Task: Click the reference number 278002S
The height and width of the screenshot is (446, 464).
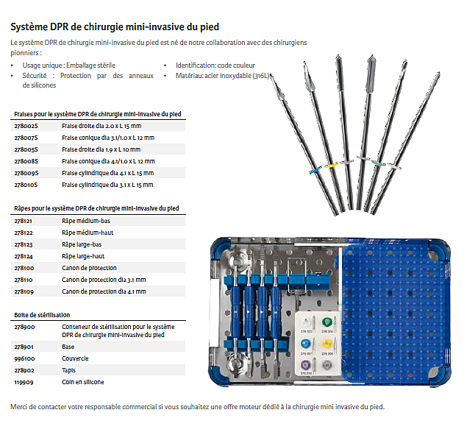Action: point(26,126)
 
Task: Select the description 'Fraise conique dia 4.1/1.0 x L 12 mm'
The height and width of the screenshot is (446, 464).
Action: point(108,161)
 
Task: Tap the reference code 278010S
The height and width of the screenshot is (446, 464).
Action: point(26,185)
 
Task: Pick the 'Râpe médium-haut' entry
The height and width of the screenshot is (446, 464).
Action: point(88,233)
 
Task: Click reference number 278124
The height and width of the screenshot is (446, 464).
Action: point(24,256)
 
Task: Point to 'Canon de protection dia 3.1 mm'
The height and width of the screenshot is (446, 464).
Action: point(104,280)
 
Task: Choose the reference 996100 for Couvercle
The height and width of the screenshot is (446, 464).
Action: point(24,358)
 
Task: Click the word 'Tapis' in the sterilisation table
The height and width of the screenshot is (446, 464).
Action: point(68,370)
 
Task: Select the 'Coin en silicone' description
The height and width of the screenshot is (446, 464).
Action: point(83,382)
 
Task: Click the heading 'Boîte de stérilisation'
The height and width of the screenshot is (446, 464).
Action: point(42,315)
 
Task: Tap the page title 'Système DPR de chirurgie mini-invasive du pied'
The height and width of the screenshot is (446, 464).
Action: point(115,26)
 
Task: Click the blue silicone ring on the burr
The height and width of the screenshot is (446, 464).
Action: point(315,171)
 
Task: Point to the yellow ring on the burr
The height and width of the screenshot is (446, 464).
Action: point(332,166)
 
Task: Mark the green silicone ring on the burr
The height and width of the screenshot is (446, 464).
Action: point(379,163)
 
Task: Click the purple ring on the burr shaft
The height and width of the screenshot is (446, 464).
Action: point(346,163)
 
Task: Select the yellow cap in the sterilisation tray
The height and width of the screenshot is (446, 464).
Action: point(326,344)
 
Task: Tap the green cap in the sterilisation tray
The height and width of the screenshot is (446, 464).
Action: point(326,322)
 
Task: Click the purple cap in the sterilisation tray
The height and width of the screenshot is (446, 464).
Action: point(305,364)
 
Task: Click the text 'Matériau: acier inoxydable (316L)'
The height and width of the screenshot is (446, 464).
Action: point(223,76)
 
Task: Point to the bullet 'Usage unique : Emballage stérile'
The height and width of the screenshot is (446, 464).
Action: point(69,66)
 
